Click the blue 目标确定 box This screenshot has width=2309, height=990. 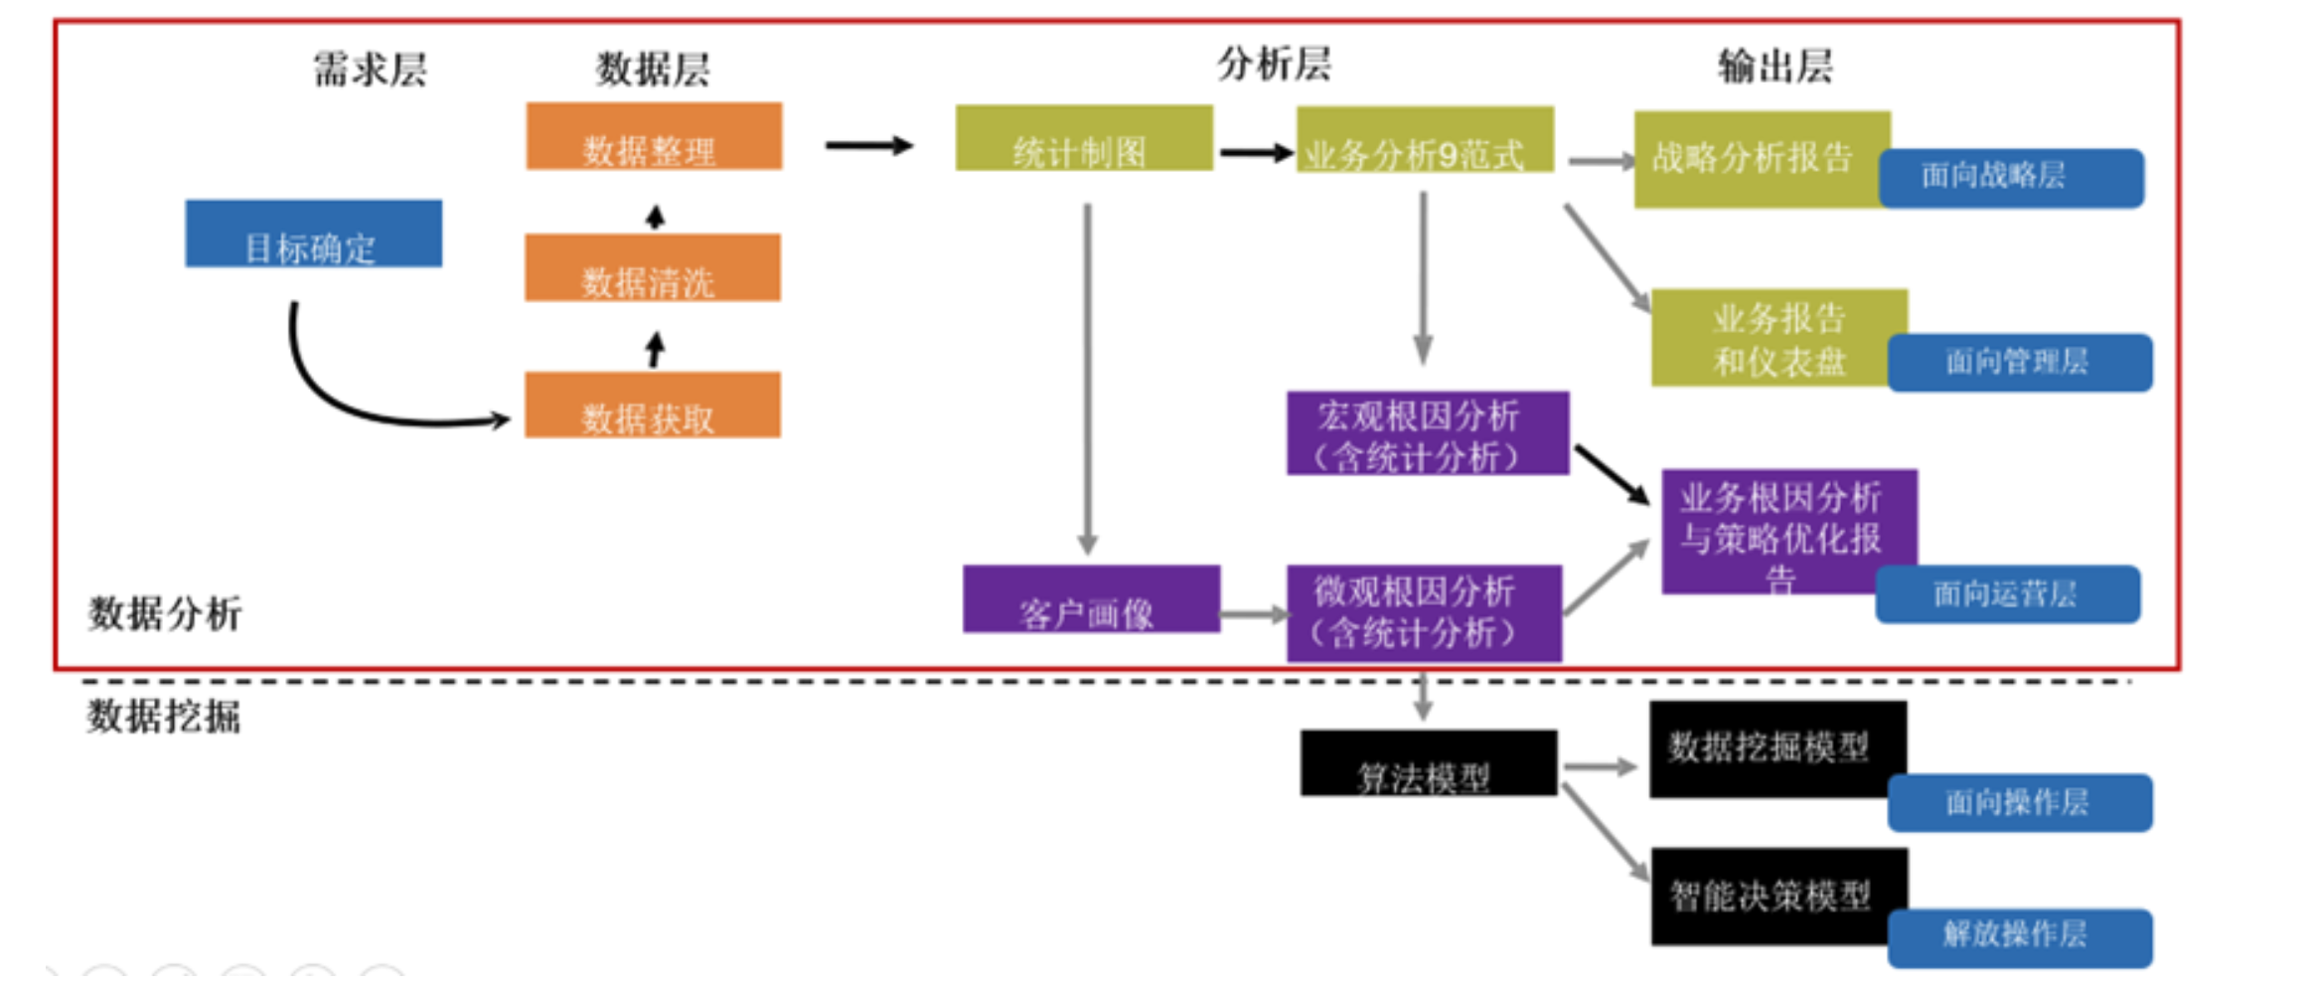point(313,235)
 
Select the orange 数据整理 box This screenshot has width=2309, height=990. point(654,137)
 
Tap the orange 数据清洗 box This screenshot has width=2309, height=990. point(653,268)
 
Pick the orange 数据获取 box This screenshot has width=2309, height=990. point(653,406)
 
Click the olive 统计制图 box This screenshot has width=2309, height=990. point(1083,139)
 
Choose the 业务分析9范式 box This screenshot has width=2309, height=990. point(1425,140)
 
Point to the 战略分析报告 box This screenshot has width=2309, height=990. point(1754,159)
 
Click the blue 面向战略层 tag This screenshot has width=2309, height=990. point(2011,178)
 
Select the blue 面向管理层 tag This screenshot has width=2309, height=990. point(2019,363)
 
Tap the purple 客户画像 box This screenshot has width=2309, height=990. point(1091,599)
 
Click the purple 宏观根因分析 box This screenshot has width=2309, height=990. point(1427,433)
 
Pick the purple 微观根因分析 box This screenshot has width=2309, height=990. point(1424,613)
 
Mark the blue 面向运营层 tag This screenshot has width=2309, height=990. point(2007,594)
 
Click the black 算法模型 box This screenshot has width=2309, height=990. point(1428,763)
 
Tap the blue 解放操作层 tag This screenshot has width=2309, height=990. point(2019,937)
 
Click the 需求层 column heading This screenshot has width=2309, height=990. point(370,70)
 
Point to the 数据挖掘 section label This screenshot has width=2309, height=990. point(164,717)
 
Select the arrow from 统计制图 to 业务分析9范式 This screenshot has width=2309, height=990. point(1255,153)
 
